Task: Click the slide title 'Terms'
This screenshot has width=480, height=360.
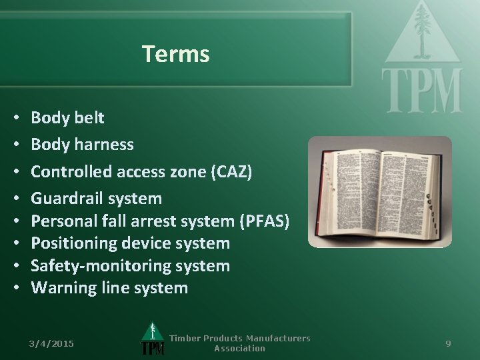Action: coord(176,54)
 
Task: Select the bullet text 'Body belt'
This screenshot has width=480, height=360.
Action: coord(67,118)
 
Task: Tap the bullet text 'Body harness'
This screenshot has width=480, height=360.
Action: coord(82,144)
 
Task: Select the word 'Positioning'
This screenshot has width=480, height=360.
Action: coord(70,243)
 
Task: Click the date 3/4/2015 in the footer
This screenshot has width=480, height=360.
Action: coord(51,343)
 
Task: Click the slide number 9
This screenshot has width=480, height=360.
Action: coord(448,343)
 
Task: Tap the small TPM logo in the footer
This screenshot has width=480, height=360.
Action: coord(152,339)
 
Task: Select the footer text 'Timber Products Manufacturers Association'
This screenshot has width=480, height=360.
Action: coord(239,343)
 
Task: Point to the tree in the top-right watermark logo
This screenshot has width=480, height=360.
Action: coord(421,30)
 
